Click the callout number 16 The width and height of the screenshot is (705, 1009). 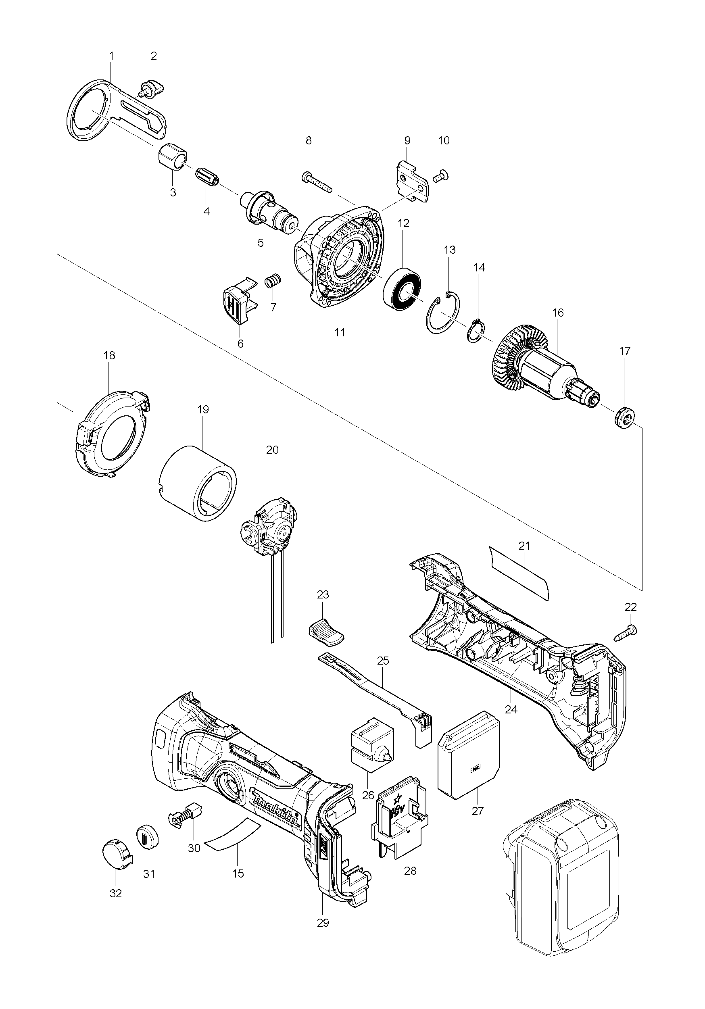[558, 313]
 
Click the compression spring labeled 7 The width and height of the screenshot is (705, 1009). [273, 281]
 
